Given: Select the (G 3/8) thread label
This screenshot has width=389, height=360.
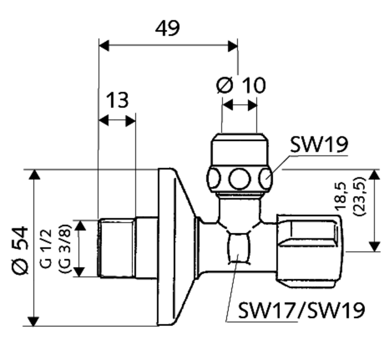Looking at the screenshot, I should click(63, 248).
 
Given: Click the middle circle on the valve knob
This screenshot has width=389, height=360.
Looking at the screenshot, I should click(240, 178).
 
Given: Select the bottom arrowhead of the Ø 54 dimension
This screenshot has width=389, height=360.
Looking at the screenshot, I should click(34, 321).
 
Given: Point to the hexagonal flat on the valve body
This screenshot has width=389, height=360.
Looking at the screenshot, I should click(239, 248).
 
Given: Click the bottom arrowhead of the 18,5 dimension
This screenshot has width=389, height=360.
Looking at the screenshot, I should click(375, 246).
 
